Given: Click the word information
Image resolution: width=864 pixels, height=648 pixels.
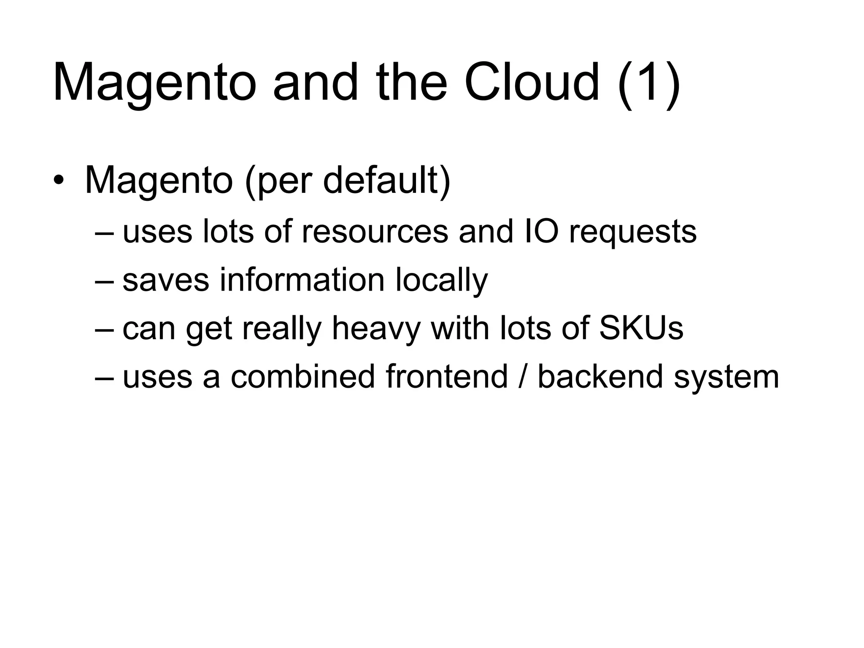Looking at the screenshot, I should [302, 280].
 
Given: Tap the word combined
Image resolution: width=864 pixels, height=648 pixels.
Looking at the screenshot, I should [302, 376].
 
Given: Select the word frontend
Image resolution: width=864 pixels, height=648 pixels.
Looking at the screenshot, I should [446, 376].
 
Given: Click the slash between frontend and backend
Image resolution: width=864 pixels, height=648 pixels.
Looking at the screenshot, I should [523, 376].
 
